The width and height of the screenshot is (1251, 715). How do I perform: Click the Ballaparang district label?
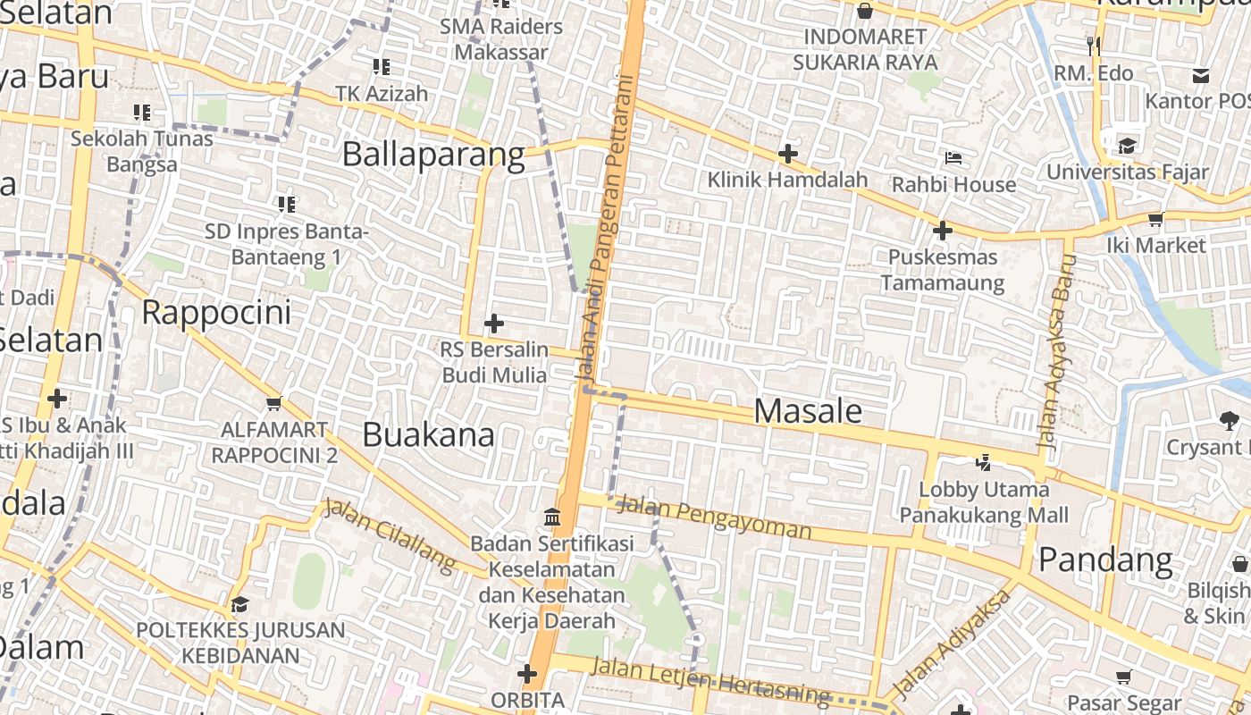coord(433,155)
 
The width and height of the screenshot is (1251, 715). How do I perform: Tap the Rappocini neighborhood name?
coord(216,313)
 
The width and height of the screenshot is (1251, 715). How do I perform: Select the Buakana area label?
coord(428,435)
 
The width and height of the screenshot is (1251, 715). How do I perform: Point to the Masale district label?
coord(808,411)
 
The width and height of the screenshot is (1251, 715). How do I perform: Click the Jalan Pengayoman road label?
coord(714,518)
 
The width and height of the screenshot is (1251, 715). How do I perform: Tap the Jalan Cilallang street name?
coord(390,534)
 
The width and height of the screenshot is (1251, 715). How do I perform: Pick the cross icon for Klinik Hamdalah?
coord(787,154)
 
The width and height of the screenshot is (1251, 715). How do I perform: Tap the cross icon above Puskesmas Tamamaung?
coord(942,231)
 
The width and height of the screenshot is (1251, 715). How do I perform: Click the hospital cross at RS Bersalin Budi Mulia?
coord(494,323)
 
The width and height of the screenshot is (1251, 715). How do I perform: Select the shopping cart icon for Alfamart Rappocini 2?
coord(273,404)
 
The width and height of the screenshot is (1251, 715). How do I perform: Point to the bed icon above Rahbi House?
coord(953,158)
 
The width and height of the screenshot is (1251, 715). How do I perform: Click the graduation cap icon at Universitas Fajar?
coord(1127,146)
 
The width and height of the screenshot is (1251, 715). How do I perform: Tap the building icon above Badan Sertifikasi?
coord(552,517)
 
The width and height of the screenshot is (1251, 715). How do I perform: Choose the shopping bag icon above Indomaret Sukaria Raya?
coord(864,11)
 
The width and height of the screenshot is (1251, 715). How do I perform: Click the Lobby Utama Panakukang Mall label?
coord(983,502)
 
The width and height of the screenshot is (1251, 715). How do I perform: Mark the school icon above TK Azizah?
coord(382,66)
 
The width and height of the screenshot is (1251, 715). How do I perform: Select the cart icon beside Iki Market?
coord(1155,219)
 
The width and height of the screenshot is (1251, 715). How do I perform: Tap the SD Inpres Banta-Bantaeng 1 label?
coord(286,244)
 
